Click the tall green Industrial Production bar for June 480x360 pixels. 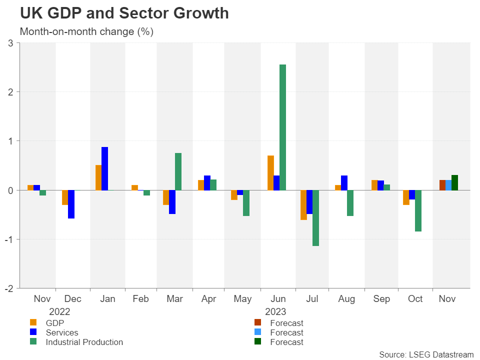coord(282,127)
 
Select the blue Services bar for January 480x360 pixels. coord(104,168)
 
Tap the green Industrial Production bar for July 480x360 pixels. coord(316,218)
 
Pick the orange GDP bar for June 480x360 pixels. coord(270,172)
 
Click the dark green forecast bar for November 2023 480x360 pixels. coord(454,182)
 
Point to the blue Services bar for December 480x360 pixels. coord(71,204)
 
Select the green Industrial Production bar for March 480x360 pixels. coord(178,171)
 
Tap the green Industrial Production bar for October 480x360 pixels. coord(418,210)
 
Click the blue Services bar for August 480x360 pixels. coord(344,182)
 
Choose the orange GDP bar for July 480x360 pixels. coord(303,205)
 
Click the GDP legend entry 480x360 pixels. coord(54,323)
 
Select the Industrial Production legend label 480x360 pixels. coord(84,342)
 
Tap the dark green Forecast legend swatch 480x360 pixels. coord(258,342)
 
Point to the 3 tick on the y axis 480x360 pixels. coord(10,43)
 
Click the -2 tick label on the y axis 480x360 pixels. coord(8,288)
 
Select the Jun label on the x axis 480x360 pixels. coord(278,299)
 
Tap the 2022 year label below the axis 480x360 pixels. coord(59,311)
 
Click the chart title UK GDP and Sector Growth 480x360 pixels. coord(124,13)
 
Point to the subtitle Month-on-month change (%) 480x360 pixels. coord(86,31)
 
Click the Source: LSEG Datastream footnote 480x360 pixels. coord(426,354)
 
